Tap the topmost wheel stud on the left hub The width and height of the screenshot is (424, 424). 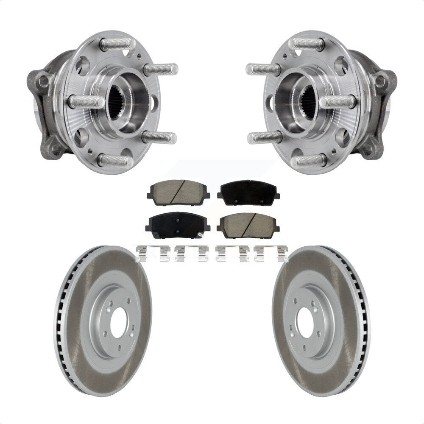point(117,44)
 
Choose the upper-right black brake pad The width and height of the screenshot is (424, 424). point(248,193)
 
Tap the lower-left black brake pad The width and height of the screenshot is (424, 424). point(178,225)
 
